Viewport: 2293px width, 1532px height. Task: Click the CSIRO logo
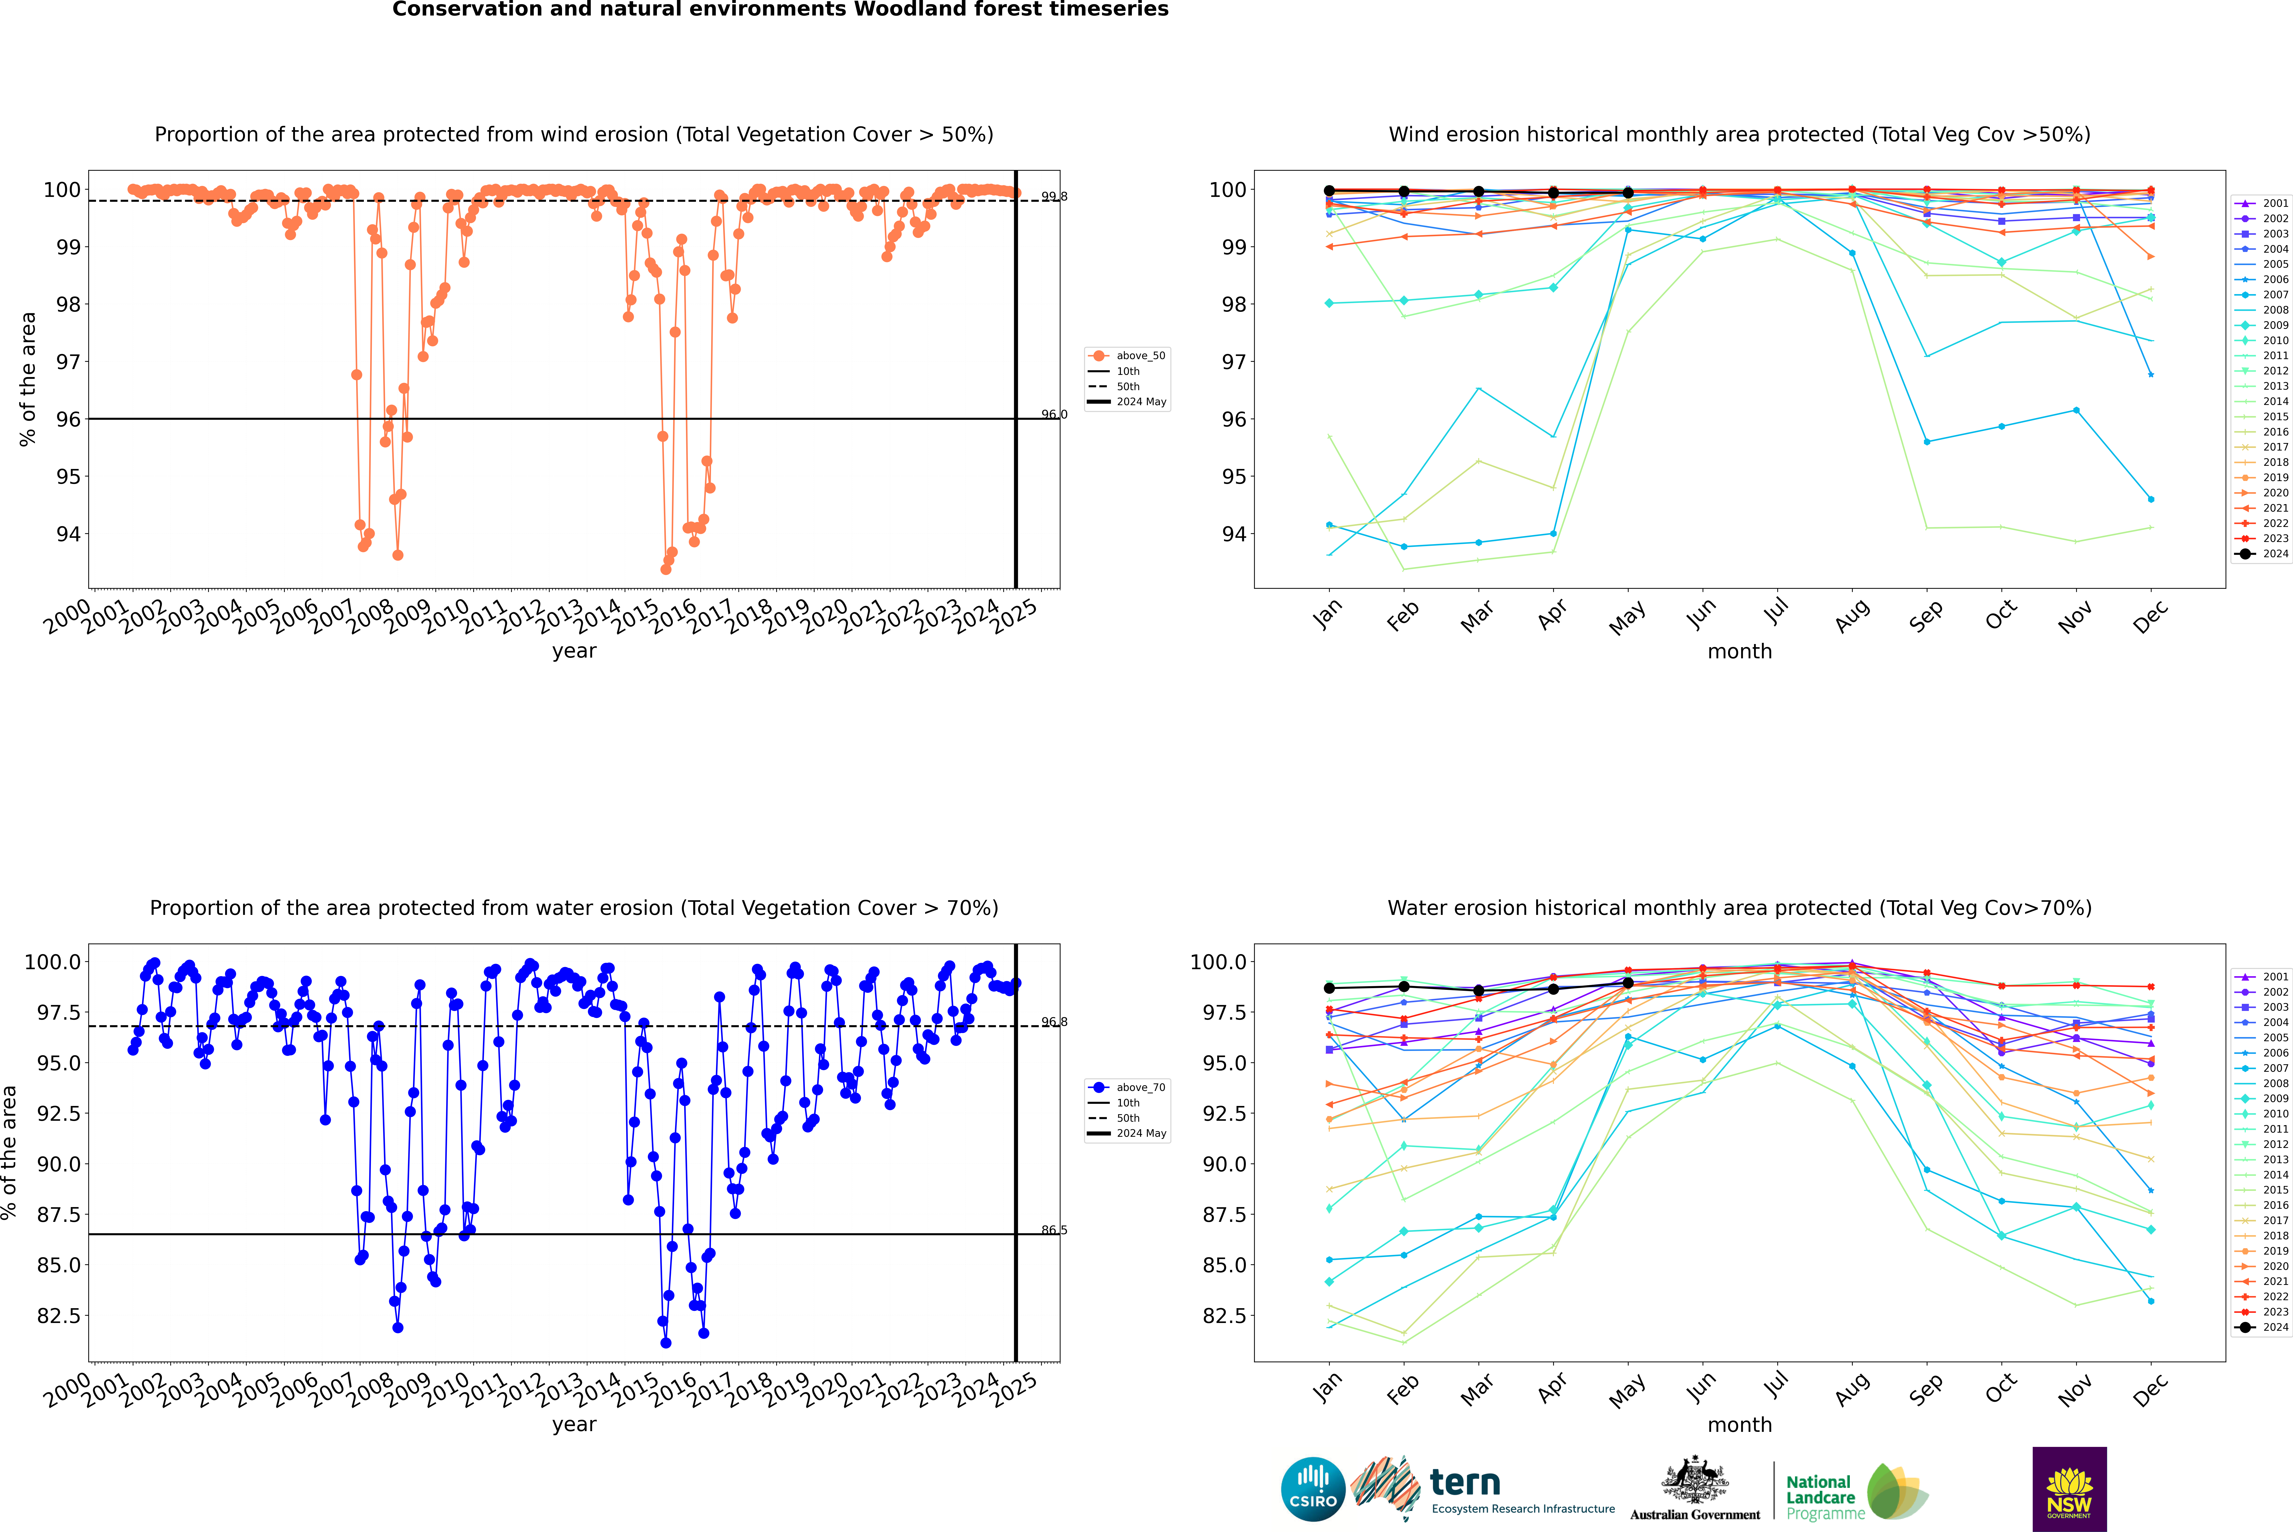1313,1489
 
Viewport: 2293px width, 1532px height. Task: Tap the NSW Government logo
2069,1489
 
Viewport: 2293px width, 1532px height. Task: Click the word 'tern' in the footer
1464,1482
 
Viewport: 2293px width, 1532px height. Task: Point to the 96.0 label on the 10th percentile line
1054,414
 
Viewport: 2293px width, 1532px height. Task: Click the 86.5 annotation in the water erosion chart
1054,1230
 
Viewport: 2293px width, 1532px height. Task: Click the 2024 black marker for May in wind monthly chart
1627,194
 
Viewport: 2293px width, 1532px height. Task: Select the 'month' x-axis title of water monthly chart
1739,1425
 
